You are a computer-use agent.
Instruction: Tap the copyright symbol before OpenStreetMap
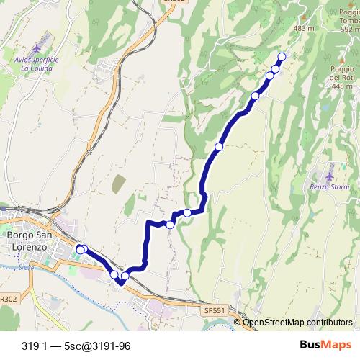(x=238, y=323)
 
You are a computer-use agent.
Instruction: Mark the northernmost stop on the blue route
(x=282, y=57)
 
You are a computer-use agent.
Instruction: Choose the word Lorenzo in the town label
(x=27, y=246)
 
